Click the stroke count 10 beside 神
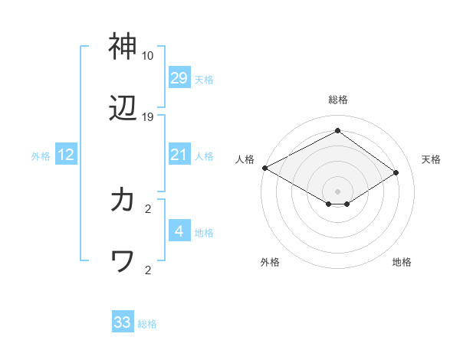click(147, 56)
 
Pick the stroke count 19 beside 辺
click(147, 117)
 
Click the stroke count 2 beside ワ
click(147, 270)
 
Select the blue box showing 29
click(179, 77)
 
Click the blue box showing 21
click(179, 155)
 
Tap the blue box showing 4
click(179, 231)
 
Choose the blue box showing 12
click(66, 155)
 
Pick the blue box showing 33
click(123, 322)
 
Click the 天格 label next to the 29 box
click(204, 79)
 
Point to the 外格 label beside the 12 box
click(41, 156)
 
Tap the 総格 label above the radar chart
click(338, 100)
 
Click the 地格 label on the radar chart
click(402, 262)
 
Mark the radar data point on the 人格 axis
click(264, 168)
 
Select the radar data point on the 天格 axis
click(396, 173)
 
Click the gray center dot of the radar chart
click(338, 191)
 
